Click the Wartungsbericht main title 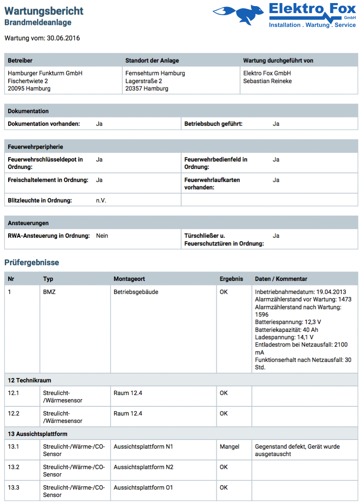44,11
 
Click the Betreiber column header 20,61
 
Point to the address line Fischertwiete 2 28,81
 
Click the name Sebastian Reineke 267,81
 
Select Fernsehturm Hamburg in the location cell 155,73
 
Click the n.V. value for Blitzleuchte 101,200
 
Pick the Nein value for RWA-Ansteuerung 102,236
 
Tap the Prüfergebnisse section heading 32,262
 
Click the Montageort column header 129,279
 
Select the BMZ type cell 49,292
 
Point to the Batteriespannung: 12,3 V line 288,322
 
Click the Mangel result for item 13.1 229,446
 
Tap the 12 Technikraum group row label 30,380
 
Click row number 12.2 13,413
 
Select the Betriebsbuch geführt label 213,124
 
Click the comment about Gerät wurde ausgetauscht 297,450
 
